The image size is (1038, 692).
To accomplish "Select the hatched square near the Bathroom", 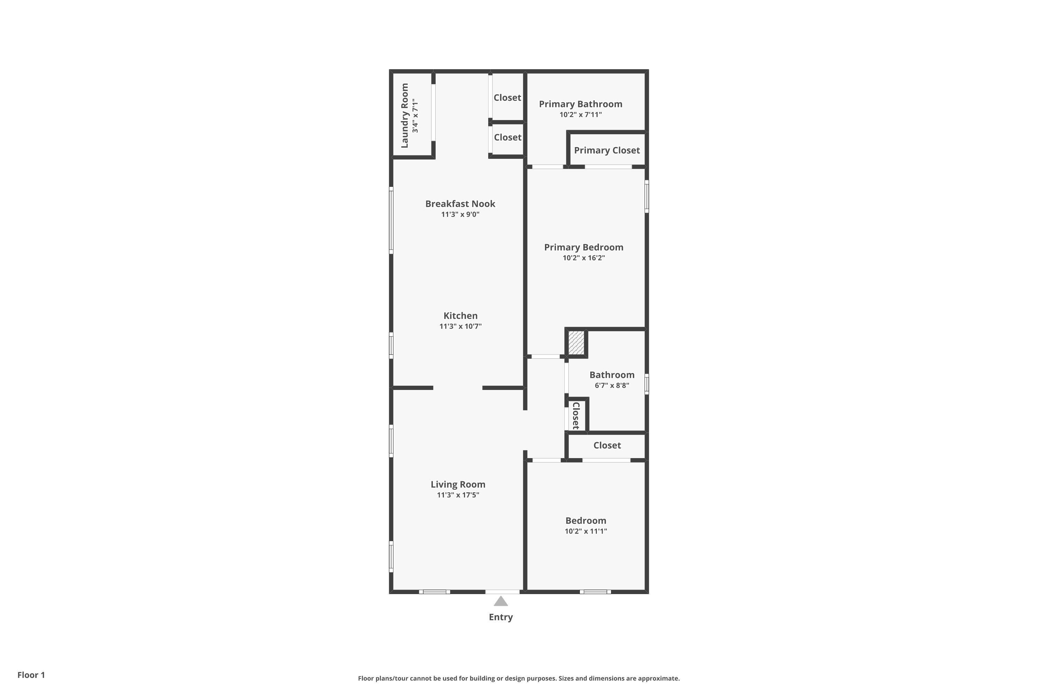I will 576,342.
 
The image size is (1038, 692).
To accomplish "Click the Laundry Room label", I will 405,115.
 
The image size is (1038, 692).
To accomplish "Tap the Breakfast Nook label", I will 460,204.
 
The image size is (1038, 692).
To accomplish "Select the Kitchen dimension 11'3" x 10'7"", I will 460,327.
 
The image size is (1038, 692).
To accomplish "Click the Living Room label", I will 458,485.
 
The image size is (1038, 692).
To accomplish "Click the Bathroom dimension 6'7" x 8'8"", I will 612,385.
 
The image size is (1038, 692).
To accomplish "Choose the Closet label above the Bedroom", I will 607,445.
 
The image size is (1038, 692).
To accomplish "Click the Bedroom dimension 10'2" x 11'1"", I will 586,531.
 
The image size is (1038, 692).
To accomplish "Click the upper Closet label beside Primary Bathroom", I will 507,98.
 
